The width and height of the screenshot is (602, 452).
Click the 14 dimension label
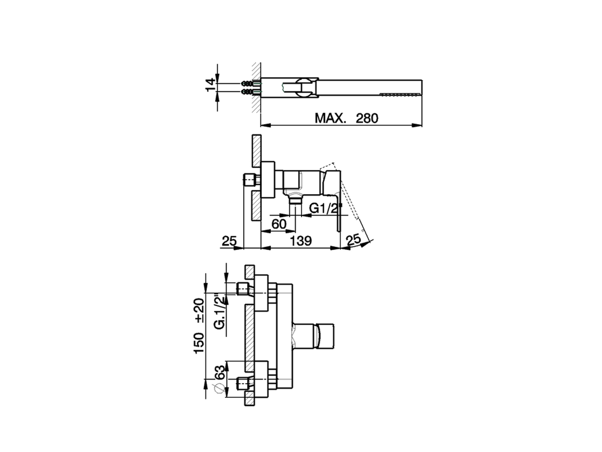pos(211,84)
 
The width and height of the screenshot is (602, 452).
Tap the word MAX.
pos(330,118)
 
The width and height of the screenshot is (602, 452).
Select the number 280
pos(367,118)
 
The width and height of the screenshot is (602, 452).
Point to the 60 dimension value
pos(279,224)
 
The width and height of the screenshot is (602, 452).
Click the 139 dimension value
pos(301,241)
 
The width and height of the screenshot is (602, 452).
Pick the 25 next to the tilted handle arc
pos(353,240)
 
